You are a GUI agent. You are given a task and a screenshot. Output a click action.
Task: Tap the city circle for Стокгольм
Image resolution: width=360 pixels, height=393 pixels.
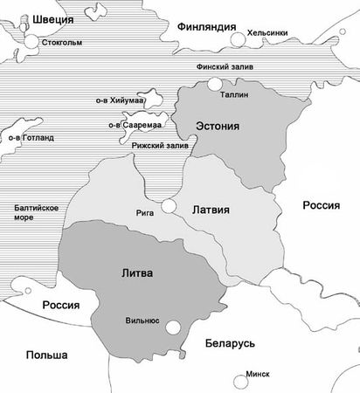tap(31, 41)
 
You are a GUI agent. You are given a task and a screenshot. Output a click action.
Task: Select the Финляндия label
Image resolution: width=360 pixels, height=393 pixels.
tap(207, 27)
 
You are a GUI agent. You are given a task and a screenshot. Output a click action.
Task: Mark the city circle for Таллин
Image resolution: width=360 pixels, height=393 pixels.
tap(214, 85)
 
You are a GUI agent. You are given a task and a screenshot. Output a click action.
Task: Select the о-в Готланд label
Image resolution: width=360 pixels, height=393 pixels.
tap(30, 137)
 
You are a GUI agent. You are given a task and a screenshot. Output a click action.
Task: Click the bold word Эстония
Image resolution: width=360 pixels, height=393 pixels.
tap(216, 127)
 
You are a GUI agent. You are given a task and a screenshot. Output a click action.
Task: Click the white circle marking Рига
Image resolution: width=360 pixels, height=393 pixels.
tap(170, 207)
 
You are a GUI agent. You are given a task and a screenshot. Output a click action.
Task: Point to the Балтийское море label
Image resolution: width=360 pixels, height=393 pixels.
tap(37, 212)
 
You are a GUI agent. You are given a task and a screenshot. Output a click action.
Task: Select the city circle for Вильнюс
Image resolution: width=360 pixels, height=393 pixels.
tap(174, 327)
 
